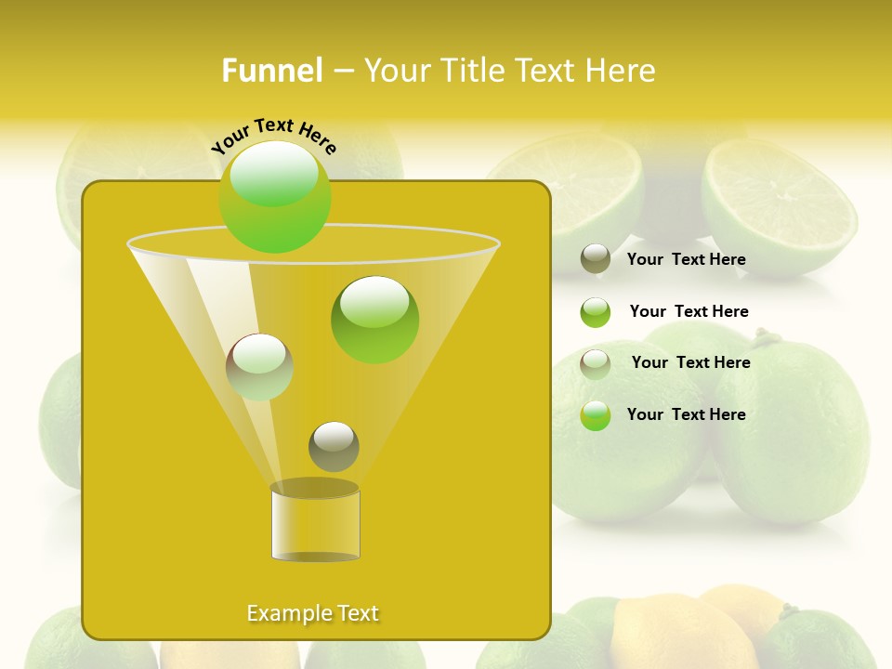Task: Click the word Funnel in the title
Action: pyautogui.click(x=271, y=71)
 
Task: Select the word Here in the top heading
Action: pyautogui.click(x=614, y=71)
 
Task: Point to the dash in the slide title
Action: pyautogui.click(x=343, y=71)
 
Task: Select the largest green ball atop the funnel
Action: pyautogui.click(x=275, y=197)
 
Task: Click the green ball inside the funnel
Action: pyautogui.click(x=374, y=319)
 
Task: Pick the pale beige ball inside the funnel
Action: pyautogui.click(x=259, y=366)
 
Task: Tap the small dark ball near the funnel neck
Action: pyautogui.click(x=334, y=447)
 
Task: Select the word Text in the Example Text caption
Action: pyautogui.click(x=357, y=613)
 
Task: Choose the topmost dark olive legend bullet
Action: pyautogui.click(x=596, y=258)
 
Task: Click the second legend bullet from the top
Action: pyautogui.click(x=596, y=312)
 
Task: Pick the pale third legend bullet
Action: pyautogui.click(x=596, y=363)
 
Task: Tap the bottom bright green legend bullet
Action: pyautogui.click(x=596, y=415)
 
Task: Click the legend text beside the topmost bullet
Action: pyautogui.click(x=686, y=259)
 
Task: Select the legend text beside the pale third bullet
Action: pyautogui.click(x=690, y=362)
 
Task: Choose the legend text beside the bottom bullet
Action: pyautogui.click(x=686, y=414)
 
